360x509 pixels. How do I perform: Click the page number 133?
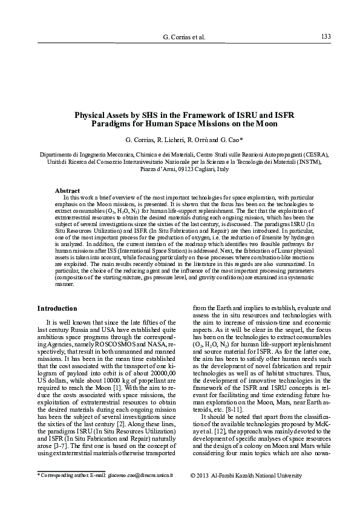pyautogui.click(x=326, y=36)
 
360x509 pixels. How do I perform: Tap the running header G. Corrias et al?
pyautogui.click(x=185, y=37)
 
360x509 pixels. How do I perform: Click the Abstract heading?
pyautogui.click(x=68, y=190)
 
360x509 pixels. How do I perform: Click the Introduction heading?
pyautogui.click(x=57, y=308)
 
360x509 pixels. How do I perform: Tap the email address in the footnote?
pyautogui.click(x=139, y=475)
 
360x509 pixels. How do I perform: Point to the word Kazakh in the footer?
pyautogui.click(x=252, y=475)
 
